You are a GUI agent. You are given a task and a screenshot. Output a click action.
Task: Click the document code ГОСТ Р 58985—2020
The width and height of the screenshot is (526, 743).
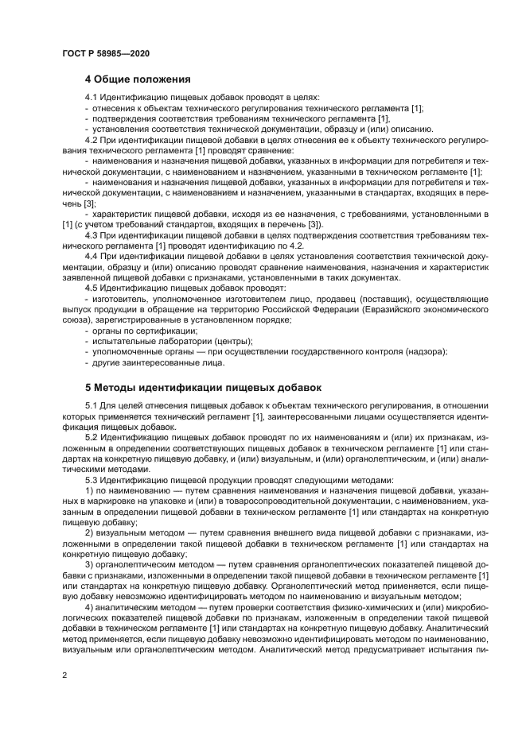105,53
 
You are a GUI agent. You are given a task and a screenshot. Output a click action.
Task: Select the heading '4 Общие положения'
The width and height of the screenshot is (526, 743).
138,79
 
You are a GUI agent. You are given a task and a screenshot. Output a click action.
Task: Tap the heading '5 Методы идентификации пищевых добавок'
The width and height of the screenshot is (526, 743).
203,388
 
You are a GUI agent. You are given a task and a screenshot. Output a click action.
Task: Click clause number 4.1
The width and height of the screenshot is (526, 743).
92,97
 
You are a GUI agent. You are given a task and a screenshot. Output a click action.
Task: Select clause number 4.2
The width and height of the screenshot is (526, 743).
92,139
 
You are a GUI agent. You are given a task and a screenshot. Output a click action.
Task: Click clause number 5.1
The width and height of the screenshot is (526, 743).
92,405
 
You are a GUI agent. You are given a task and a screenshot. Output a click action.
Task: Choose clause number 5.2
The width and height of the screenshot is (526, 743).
92,437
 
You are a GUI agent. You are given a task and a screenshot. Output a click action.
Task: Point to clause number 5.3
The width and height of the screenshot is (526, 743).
92,479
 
